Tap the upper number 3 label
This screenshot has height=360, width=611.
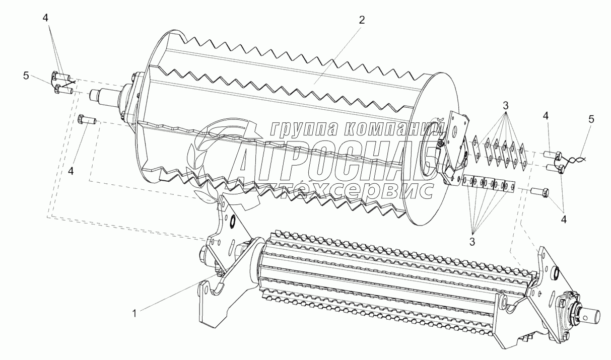[505, 106]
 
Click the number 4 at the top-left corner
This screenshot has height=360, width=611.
[45, 17]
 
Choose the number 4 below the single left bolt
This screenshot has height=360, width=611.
[71, 171]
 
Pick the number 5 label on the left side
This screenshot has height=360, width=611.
[25, 76]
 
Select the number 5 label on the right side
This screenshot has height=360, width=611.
[591, 119]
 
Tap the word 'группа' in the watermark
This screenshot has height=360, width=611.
[303, 129]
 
